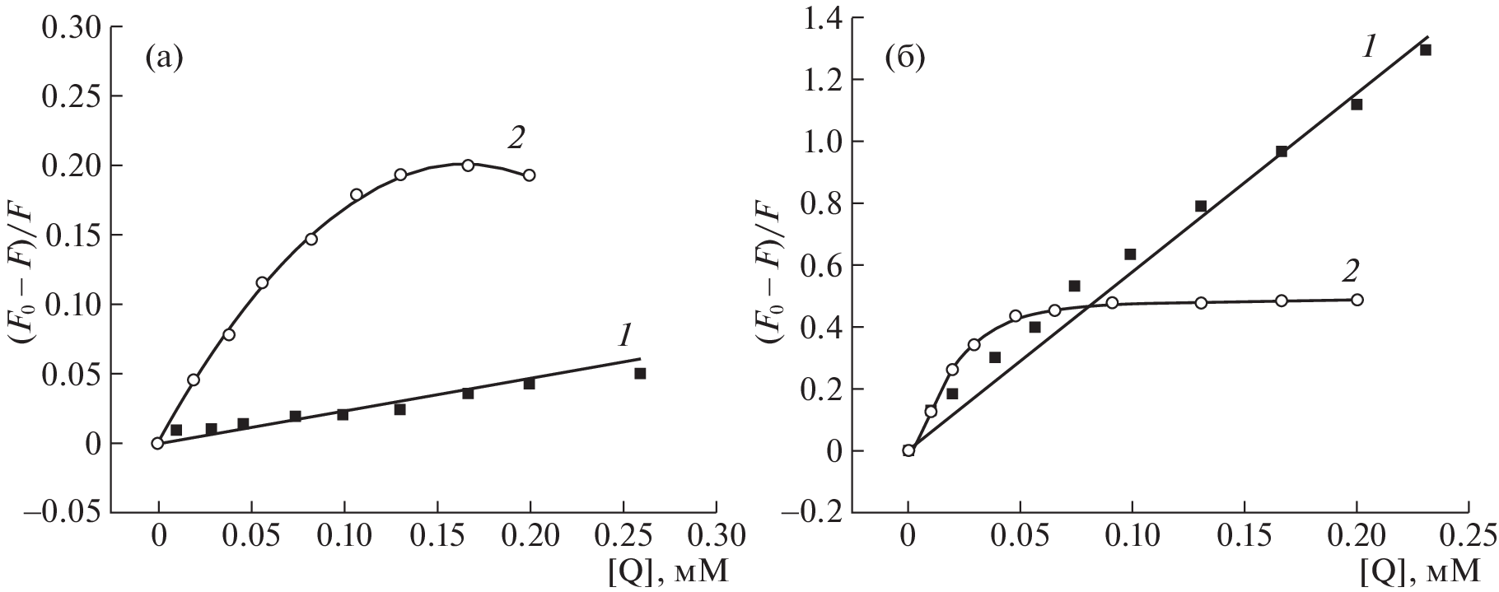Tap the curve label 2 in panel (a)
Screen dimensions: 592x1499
point(516,138)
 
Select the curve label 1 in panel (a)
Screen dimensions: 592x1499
point(624,335)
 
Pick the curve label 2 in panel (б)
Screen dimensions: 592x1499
point(1350,270)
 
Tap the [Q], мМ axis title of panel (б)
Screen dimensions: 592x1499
point(1425,571)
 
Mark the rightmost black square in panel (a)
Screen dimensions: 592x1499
point(640,373)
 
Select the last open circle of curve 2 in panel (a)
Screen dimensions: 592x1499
point(530,175)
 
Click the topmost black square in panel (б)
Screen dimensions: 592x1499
point(1426,50)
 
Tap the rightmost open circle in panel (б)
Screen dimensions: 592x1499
point(1357,300)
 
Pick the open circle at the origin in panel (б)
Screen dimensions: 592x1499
point(908,450)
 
